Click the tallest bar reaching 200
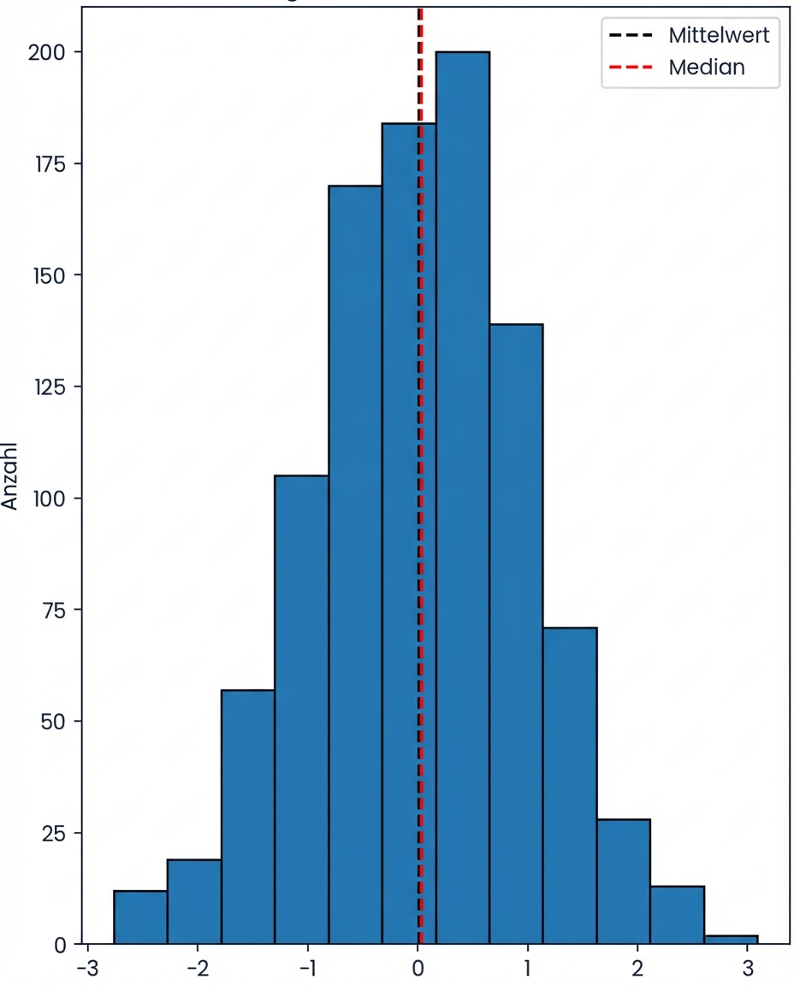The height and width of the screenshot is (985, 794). click(x=462, y=496)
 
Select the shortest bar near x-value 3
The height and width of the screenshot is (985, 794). click(x=731, y=940)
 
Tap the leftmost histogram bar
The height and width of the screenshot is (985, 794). click(x=140, y=917)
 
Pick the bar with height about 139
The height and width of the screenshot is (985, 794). click(x=516, y=633)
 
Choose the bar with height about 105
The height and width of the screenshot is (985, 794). click(x=301, y=710)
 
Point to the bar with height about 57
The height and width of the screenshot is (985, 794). click(x=247, y=817)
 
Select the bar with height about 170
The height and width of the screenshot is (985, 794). click(x=355, y=564)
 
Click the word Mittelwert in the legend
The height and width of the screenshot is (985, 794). click(x=719, y=36)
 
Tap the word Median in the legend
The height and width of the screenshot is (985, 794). click(x=707, y=68)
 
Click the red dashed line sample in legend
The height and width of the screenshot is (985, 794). click(x=631, y=68)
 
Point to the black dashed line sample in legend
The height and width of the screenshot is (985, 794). click(x=631, y=36)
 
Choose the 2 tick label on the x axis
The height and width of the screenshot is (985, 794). click(x=637, y=969)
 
